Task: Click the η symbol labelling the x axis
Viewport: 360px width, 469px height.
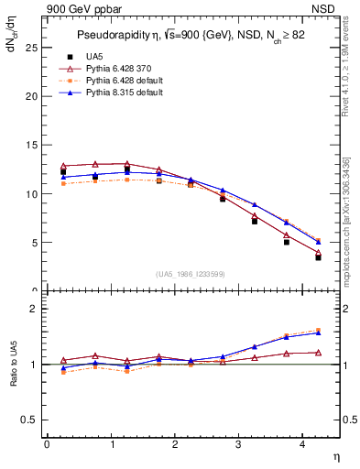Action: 335,455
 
